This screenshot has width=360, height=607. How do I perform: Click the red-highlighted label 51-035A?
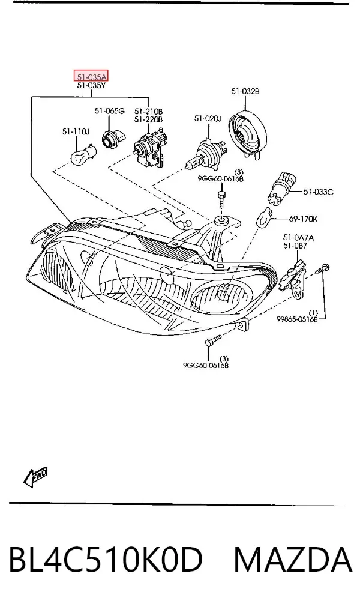[91, 76]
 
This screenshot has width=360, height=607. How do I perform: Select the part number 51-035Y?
[91, 85]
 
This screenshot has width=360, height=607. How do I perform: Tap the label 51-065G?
[109, 111]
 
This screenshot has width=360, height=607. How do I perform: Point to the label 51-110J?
[76, 131]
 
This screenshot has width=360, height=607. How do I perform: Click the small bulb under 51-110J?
[82, 153]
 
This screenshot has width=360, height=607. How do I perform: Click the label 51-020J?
[208, 118]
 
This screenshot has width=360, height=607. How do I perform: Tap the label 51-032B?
[245, 91]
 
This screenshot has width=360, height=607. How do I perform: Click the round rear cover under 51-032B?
[247, 133]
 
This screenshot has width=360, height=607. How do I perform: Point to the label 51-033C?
[318, 192]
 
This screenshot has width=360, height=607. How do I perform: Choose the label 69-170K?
[303, 219]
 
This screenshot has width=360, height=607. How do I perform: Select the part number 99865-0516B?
[297, 319]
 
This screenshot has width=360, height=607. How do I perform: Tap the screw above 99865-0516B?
[324, 269]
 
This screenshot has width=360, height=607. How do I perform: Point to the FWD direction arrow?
[35, 477]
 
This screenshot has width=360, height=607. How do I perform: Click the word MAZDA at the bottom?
[293, 560]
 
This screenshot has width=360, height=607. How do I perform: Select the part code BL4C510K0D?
[106, 560]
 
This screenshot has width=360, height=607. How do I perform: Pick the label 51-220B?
[148, 119]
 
